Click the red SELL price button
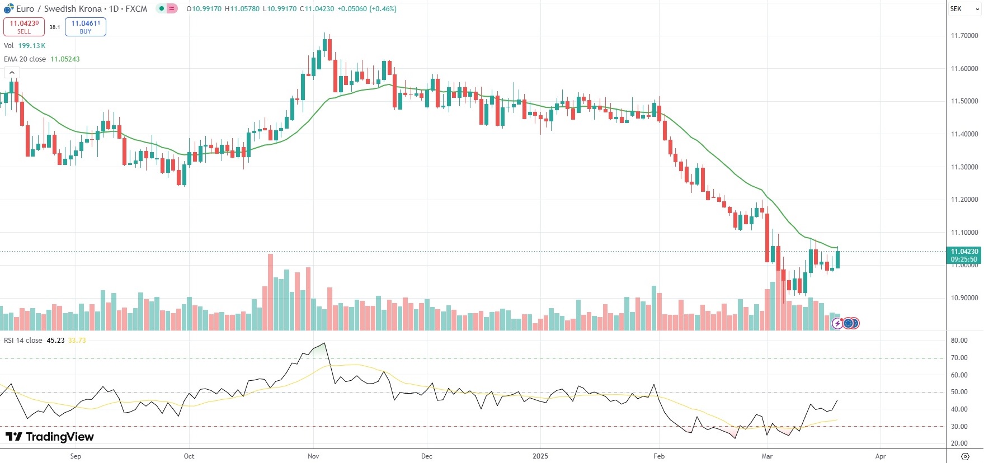click(24, 27)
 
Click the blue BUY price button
click(86, 27)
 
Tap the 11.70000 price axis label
click(964, 36)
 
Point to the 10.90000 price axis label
click(964, 298)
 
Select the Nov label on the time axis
click(313, 456)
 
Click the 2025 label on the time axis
click(540, 456)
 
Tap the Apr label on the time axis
click(881, 456)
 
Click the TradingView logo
click(50, 437)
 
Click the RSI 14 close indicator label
click(23, 341)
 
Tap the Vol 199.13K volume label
click(25, 46)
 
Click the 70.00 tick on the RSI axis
click(959, 358)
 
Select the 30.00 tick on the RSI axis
click(959, 427)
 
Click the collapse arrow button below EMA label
click(12, 73)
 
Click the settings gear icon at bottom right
click(965, 456)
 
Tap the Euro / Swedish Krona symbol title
click(59, 9)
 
